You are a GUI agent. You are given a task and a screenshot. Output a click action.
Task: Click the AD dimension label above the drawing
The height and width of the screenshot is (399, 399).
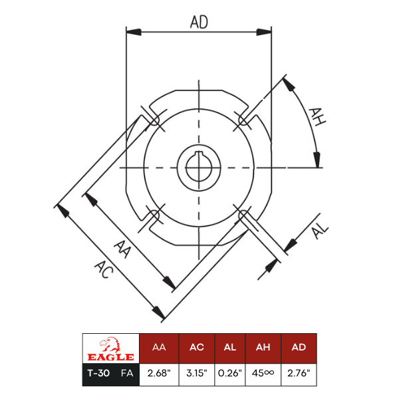(199, 22)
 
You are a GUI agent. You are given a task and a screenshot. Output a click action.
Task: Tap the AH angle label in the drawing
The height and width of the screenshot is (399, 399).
(317, 117)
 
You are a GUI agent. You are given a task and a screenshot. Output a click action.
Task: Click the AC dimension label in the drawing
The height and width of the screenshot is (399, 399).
(104, 269)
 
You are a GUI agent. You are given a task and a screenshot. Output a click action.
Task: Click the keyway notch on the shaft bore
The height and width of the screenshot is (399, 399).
(199, 154)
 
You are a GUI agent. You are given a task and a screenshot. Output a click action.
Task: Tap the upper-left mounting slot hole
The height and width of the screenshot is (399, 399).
(154, 120)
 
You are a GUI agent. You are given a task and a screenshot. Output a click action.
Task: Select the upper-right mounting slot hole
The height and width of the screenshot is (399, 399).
(243, 120)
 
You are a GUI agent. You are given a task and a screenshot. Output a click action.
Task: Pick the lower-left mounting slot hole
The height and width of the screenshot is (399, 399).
(154, 215)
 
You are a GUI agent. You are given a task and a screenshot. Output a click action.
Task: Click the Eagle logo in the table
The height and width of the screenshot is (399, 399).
(110, 349)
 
